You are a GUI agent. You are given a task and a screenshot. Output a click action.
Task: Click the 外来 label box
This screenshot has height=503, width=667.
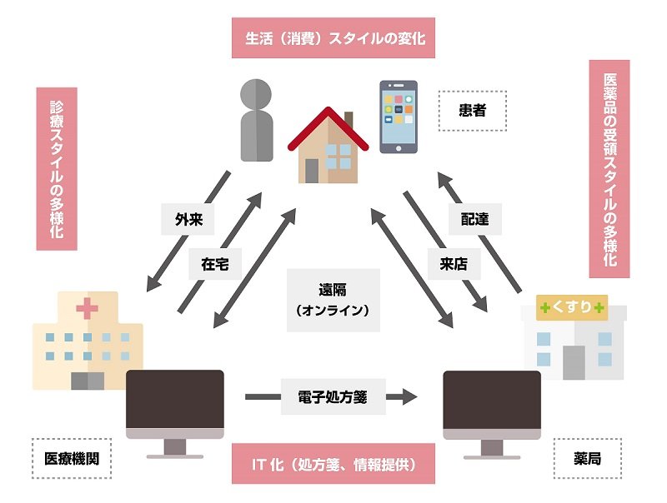point(188,219)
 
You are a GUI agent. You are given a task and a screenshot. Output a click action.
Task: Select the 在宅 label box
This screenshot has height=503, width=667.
point(215,264)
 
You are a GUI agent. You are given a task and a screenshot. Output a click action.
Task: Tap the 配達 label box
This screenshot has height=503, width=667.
point(475,219)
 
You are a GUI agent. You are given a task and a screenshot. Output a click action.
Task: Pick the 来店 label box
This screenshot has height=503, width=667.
point(454,264)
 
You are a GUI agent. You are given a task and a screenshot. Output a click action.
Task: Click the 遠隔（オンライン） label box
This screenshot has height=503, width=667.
point(333,300)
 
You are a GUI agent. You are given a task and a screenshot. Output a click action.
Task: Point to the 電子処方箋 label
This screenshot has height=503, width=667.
point(333,396)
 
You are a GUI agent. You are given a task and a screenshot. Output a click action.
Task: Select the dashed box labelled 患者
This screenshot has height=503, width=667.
point(473,111)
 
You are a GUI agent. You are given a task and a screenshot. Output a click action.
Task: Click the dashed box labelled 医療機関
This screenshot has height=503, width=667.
point(72,458)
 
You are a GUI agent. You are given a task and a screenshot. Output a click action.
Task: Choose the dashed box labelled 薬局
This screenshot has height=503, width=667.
point(588,458)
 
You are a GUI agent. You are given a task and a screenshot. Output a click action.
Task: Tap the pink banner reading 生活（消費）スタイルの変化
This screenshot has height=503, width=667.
point(333,37)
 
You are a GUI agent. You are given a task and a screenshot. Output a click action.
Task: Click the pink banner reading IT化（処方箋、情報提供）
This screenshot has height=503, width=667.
point(333,464)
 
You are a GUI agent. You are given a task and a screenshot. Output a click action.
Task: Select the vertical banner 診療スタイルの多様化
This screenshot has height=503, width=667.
point(57,169)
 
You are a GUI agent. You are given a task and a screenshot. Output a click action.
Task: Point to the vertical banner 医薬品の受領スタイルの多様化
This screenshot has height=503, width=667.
point(609,169)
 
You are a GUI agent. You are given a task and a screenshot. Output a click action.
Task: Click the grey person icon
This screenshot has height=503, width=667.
point(256,120)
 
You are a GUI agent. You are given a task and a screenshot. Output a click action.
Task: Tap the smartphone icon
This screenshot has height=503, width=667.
point(399,117)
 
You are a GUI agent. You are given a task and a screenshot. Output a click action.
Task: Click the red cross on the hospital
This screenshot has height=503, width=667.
point(88,308)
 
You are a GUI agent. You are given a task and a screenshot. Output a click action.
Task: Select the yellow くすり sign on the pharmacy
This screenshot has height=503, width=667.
point(572,306)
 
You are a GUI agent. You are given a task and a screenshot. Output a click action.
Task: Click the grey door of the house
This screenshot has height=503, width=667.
point(312,171)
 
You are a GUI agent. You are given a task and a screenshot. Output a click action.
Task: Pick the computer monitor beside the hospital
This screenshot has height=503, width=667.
point(175,414)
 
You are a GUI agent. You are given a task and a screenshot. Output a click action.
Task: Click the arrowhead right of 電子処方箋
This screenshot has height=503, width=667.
point(410,396)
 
